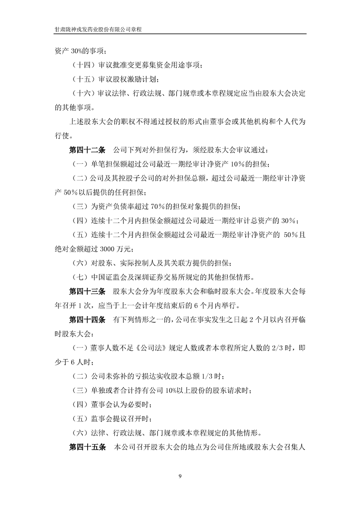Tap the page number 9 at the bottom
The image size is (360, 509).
180,476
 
